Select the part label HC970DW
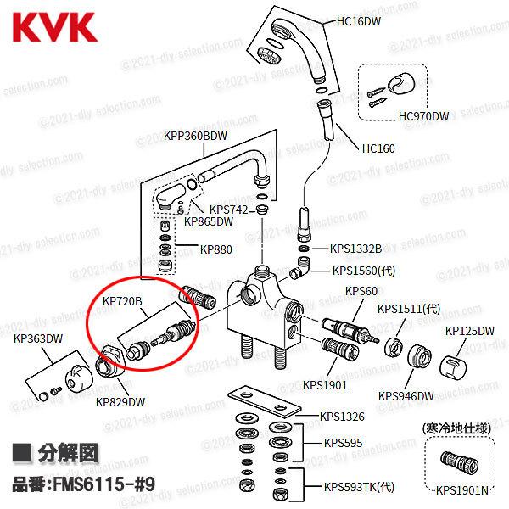(x=423, y=115)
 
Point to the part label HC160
(x=378, y=148)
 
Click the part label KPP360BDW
(x=196, y=136)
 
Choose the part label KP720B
(x=122, y=300)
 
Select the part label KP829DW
(x=120, y=401)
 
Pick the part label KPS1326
(x=343, y=416)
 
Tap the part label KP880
(x=215, y=250)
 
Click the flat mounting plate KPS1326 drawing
(x=263, y=400)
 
